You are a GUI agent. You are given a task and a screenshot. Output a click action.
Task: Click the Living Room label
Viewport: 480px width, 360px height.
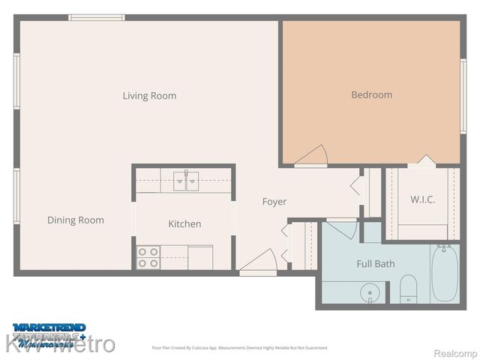coord(150,96)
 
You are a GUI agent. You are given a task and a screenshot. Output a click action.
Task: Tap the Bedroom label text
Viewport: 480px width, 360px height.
coord(371,94)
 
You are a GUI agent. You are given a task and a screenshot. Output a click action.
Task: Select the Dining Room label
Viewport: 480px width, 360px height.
coord(76,220)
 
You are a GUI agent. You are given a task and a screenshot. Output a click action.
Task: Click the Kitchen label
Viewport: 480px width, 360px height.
coord(184,223)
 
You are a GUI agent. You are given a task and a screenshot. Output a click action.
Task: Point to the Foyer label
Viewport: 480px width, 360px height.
coord(274,202)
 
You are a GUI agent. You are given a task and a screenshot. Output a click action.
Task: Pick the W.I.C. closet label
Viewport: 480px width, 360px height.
coord(422,199)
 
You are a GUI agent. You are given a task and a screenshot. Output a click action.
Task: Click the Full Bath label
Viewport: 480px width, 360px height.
coord(375,264)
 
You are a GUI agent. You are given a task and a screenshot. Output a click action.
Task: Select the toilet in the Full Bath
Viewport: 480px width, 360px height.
coord(409,289)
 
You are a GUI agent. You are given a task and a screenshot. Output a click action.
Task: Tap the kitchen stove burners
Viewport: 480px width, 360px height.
coord(148,257)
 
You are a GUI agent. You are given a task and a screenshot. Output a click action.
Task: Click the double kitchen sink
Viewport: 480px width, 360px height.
coord(185,179)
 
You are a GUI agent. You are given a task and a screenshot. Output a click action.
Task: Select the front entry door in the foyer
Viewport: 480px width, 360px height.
coord(258,262)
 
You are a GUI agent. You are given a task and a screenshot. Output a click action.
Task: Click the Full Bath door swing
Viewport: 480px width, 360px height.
coord(342,228)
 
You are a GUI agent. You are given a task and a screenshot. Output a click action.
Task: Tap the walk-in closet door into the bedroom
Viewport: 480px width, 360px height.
coord(424,160)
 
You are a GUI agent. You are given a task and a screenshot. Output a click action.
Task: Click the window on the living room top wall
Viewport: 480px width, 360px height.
coord(97,17)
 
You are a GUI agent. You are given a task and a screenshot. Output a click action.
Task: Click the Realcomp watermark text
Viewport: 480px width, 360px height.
coord(455,352)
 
